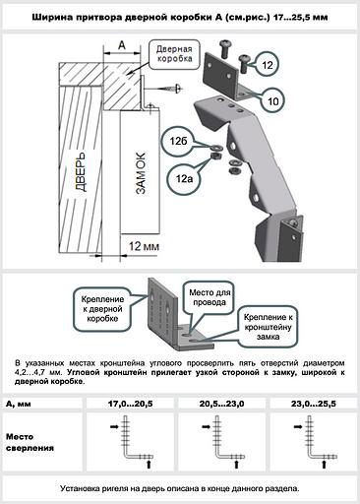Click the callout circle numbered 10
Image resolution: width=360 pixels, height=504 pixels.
pyautogui.click(x=272, y=99)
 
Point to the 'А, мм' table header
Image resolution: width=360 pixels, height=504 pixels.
pyautogui.click(x=21, y=404)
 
